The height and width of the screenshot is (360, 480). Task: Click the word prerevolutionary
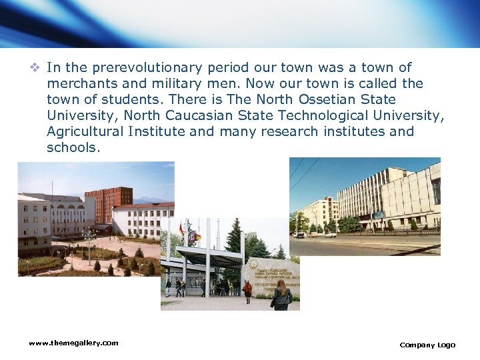tap(143, 67)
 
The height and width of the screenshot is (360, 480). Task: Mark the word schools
tap(73, 147)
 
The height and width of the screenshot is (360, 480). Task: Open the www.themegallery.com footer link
tap(73, 343)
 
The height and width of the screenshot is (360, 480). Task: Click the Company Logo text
tap(427, 345)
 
